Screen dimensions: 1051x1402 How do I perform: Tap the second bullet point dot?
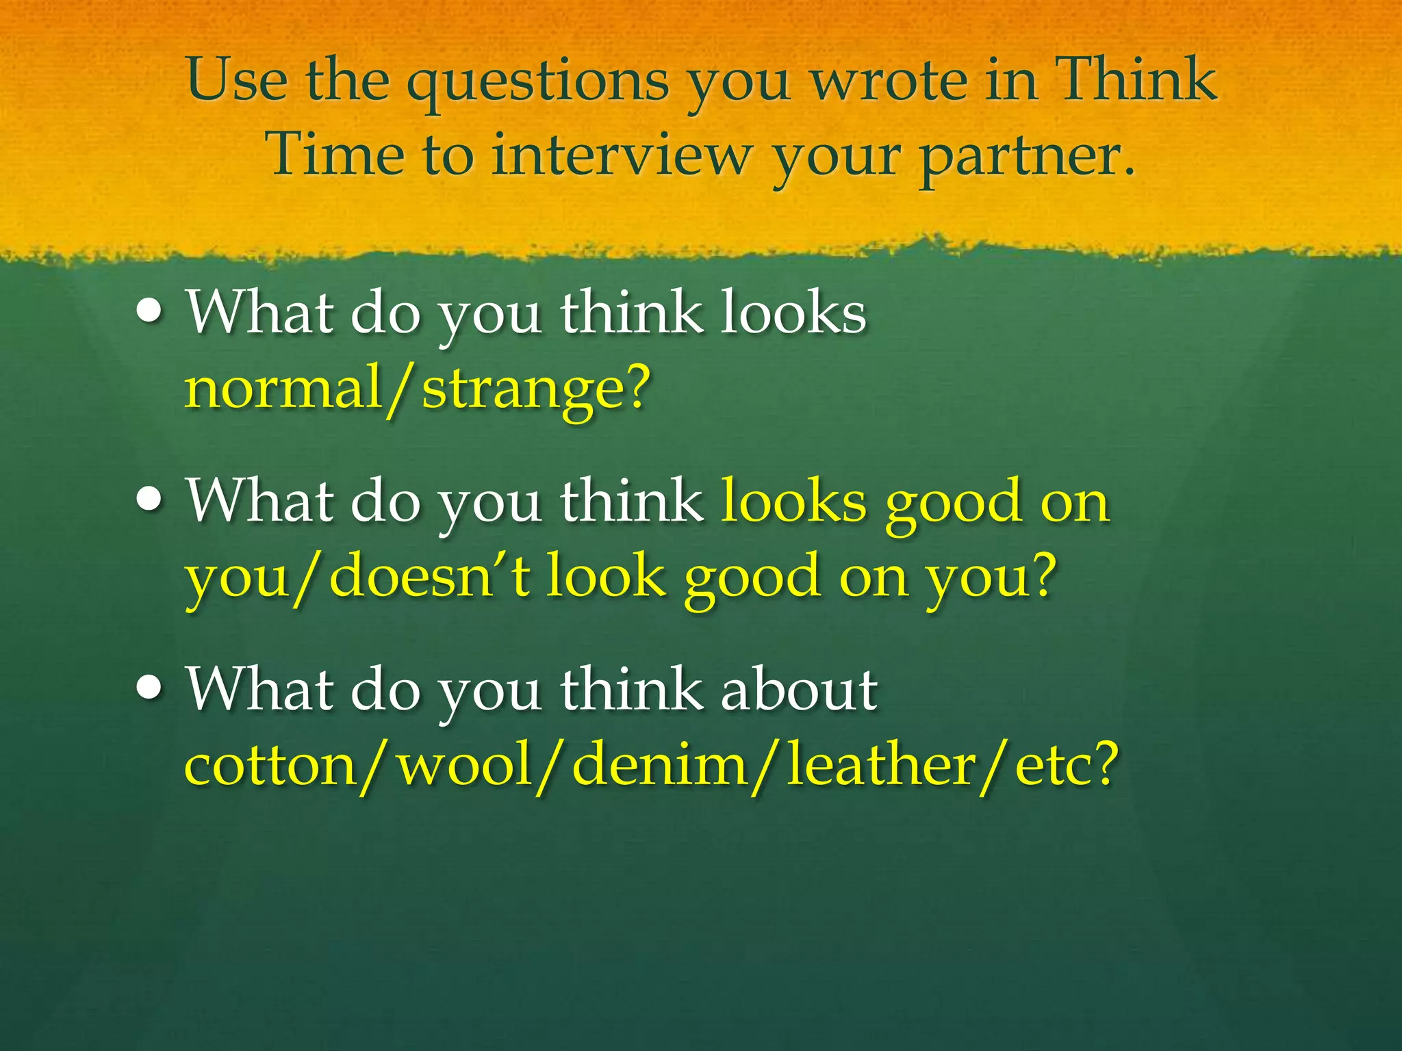click(x=149, y=500)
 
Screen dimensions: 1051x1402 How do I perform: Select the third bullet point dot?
click(x=149, y=688)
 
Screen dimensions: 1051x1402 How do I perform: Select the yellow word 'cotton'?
click(x=270, y=765)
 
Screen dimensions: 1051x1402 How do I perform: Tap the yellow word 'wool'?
click(x=466, y=765)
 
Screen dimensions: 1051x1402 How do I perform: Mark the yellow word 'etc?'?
click(x=1065, y=765)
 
